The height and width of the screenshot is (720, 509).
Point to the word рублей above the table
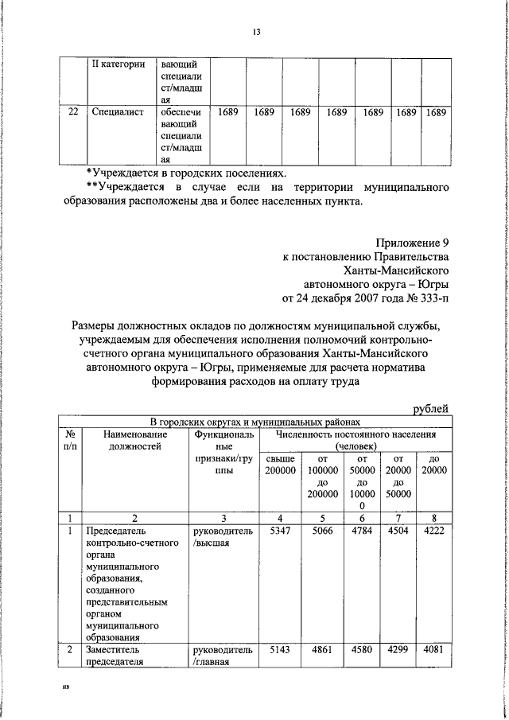tap(429, 408)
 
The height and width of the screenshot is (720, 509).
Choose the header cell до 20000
tap(433, 465)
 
